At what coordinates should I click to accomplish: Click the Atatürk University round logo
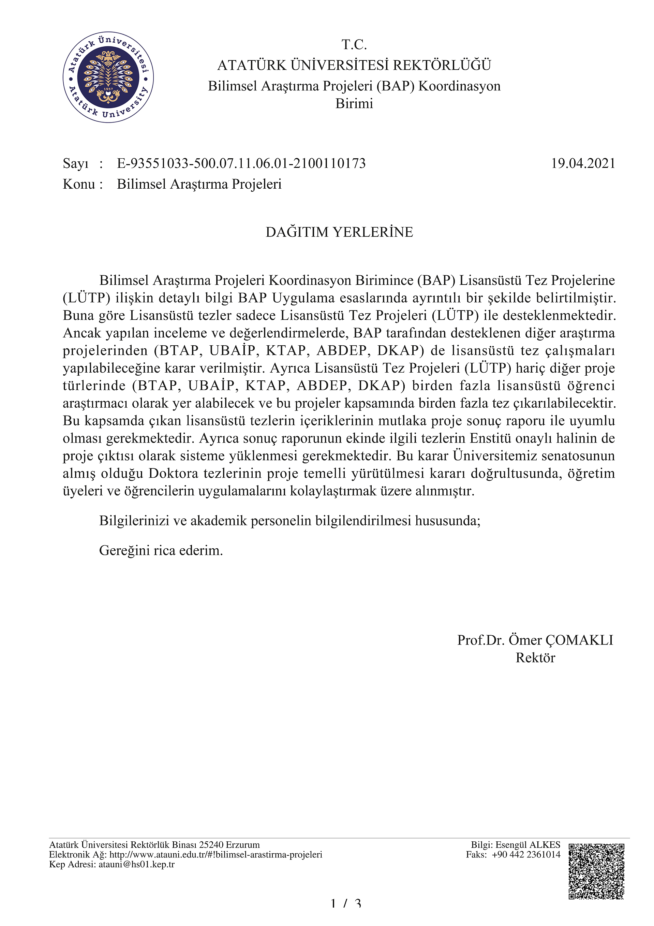[x=108, y=77]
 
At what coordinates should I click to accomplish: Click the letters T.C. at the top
[x=354, y=44]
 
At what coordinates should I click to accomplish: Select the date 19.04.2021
[x=583, y=163]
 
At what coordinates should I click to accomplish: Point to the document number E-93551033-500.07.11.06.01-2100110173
[x=241, y=163]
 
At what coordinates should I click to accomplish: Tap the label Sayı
[x=75, y=164]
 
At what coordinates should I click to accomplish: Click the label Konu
[x=79, y=184]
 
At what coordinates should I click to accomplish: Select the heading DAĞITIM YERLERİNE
[x=339, y=232]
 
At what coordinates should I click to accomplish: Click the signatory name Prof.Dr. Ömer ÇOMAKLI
[x=535, y=640]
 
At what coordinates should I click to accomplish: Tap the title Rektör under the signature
[x=535, y=658]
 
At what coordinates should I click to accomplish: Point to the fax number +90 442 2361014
[x=526, y=855]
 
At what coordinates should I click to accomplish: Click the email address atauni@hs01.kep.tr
[x=137, y=864]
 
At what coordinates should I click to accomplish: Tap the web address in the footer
[x=215, y=855]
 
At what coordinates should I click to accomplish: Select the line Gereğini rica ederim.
[x=161, y=551]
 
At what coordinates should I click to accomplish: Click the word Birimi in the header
[x=354, y=104]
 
